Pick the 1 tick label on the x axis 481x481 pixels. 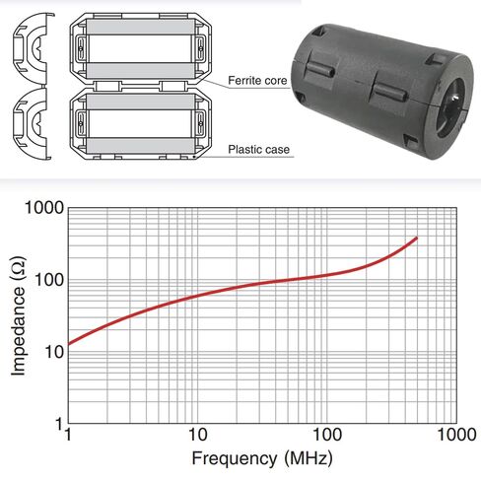tap(67, 434)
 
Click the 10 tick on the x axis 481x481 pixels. tap(197, 434)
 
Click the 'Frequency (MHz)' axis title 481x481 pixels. tap(261, 458)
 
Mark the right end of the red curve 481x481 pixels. tap(417, 238)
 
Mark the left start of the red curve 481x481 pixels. tap(68, 343)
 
